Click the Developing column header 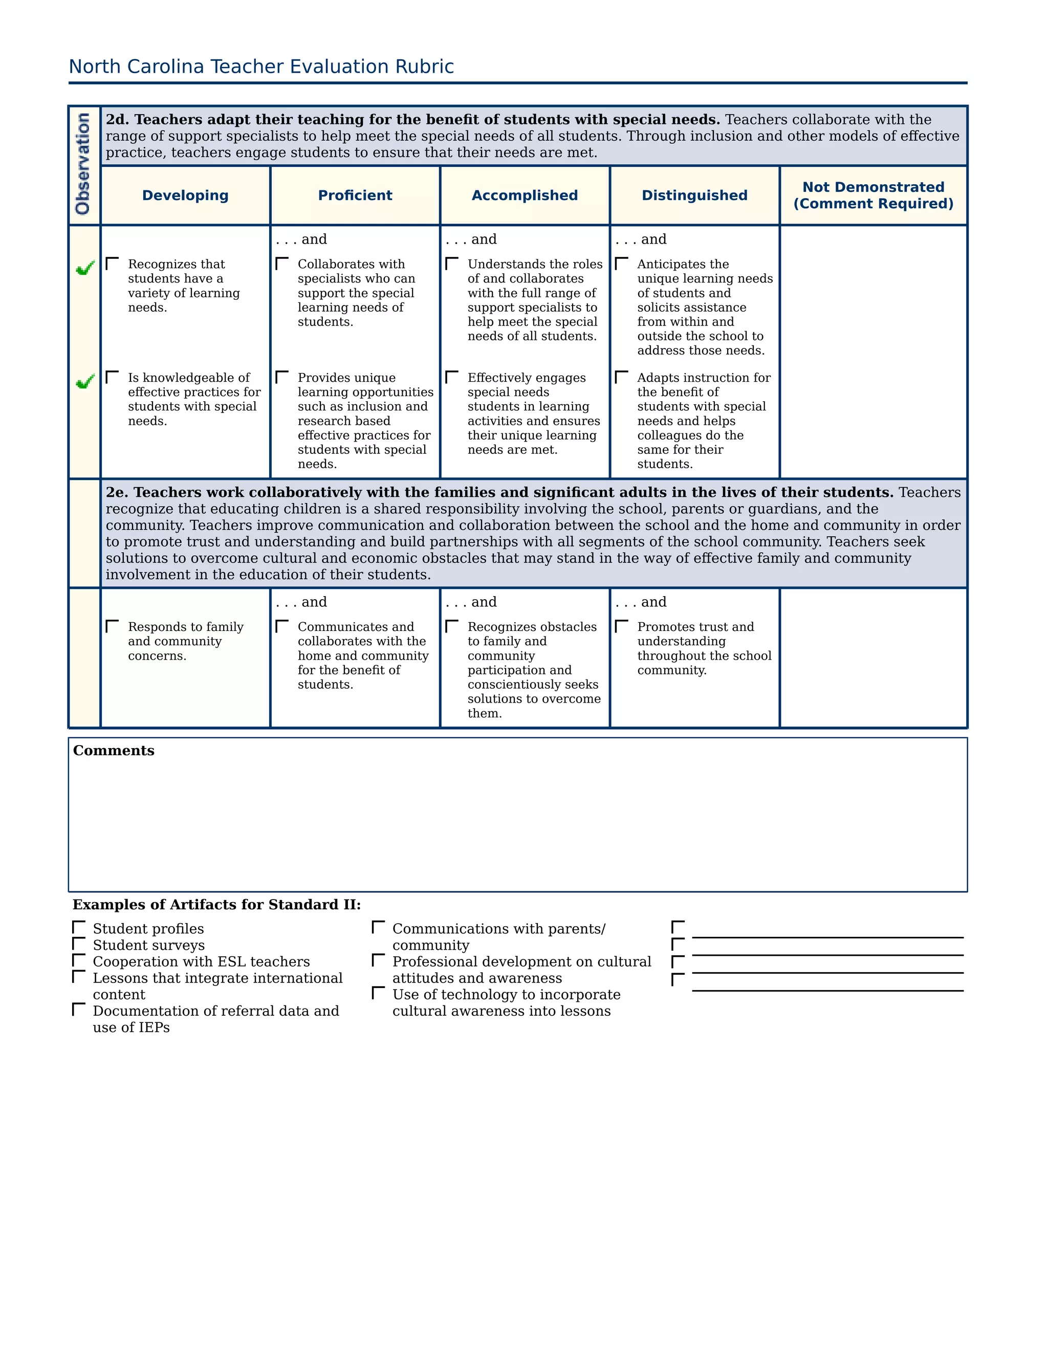click(x=185, y=195)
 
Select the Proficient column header click(x=355, y=195)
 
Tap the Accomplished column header click(x=525, y=195)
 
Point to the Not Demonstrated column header click(x=873, y=195)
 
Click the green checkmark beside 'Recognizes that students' click(x=85, y=268)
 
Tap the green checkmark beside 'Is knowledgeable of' click(x=85, y=381)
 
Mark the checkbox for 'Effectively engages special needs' click(x=452, y=378)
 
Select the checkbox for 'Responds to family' click(x=113, y=626)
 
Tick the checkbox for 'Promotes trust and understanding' click(x=621, y=626)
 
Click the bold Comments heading click(x=114, y=751)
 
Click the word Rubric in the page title click(x=424, y=67)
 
